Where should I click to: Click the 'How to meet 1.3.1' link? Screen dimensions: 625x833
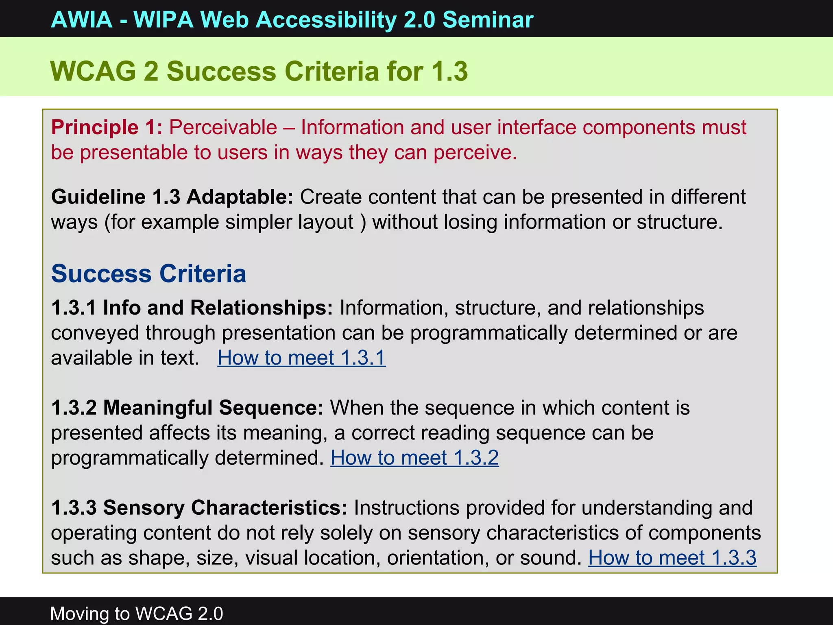[x=301, y=358]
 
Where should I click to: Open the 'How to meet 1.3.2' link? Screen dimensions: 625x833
[x=414, y=458]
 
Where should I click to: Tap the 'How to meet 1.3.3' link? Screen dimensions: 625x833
[x=672, y=557]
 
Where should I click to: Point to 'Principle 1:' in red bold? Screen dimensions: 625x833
[x=107, y=127]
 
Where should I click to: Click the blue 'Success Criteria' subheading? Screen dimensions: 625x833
[x=148, y=273]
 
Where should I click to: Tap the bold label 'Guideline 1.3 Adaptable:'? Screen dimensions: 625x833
[x=172, y=197]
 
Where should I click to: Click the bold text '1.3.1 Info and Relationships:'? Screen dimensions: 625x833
[x=192, y=308]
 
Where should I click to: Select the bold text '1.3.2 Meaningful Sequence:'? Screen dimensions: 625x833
[x=187, y=408]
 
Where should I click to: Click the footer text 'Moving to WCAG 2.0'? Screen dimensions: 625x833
[x=137, y=613]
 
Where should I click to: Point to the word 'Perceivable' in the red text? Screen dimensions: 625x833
[x=223, y=127]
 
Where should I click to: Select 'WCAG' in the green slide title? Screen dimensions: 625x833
[x=93, y=72]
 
